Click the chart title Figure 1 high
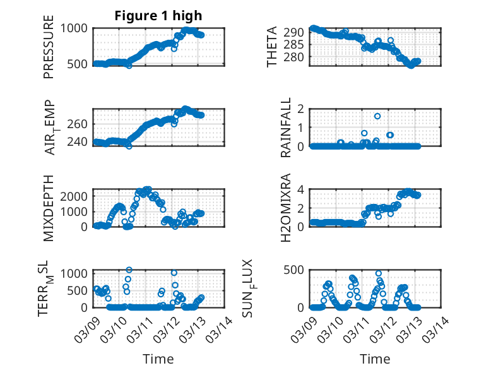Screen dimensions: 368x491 (158, 16)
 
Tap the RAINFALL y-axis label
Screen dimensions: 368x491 (286, 128)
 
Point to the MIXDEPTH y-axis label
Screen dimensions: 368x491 (49, 208)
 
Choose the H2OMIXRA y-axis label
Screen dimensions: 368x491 (286, 208)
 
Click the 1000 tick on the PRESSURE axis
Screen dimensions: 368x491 (76, 28)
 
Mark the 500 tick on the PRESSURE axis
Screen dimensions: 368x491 (80, 64)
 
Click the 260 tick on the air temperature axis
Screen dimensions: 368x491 (80, 124)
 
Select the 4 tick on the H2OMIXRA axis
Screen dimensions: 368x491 (302, 189)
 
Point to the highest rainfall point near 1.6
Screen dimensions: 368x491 (377, 116)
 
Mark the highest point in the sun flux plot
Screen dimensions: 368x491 (379, 274)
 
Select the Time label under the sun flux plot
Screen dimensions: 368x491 (375, 359)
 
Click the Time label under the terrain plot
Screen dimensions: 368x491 (158, 359)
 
